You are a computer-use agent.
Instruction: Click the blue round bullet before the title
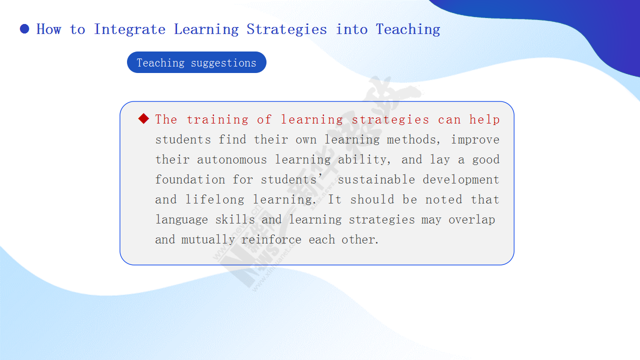click(x=24, y=29)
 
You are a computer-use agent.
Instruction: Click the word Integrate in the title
click(x=129, y=29)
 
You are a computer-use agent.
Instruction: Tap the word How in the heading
click(x=49, y=29)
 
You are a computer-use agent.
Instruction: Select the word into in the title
click(x=351, y=29)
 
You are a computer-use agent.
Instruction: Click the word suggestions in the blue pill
click(x=223, y=63)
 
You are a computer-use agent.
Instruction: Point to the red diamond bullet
click(x=143, y=118)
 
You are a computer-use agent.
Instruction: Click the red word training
click(x=217, y=119)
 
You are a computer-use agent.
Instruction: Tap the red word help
click(x=484, y=119)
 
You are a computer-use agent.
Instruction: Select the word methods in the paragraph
click(x=411, y=139)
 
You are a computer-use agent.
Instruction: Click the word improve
click(x=475, y=140)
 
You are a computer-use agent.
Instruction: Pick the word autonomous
click(x=232, y=159)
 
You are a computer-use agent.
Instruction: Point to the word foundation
click(x=190, y=179)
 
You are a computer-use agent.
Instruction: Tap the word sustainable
click(x=376, y=179)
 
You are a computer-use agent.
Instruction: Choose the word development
click(x=461, y=179)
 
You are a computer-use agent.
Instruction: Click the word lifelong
click(x=215, y=199)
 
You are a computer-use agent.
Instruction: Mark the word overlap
click(x=471, y=219)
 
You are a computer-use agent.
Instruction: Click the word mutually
click(x=208, y=239)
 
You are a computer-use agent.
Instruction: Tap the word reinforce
click(x=271, y=239)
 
